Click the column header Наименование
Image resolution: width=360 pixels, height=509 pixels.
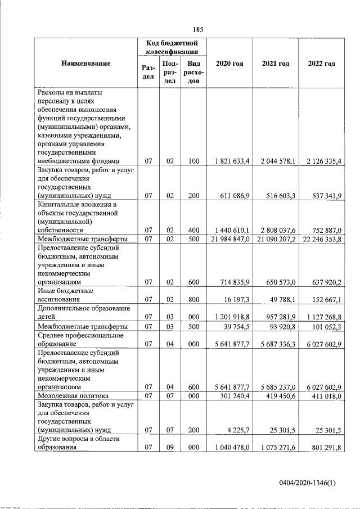coord(86,64)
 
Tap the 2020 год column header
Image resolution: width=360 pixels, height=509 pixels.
coord(229,64)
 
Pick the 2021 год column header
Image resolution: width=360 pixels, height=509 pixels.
coord(276,64)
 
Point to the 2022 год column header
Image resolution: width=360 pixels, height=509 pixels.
coord(322,64)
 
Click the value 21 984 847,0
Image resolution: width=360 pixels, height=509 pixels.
coord(230,240)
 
